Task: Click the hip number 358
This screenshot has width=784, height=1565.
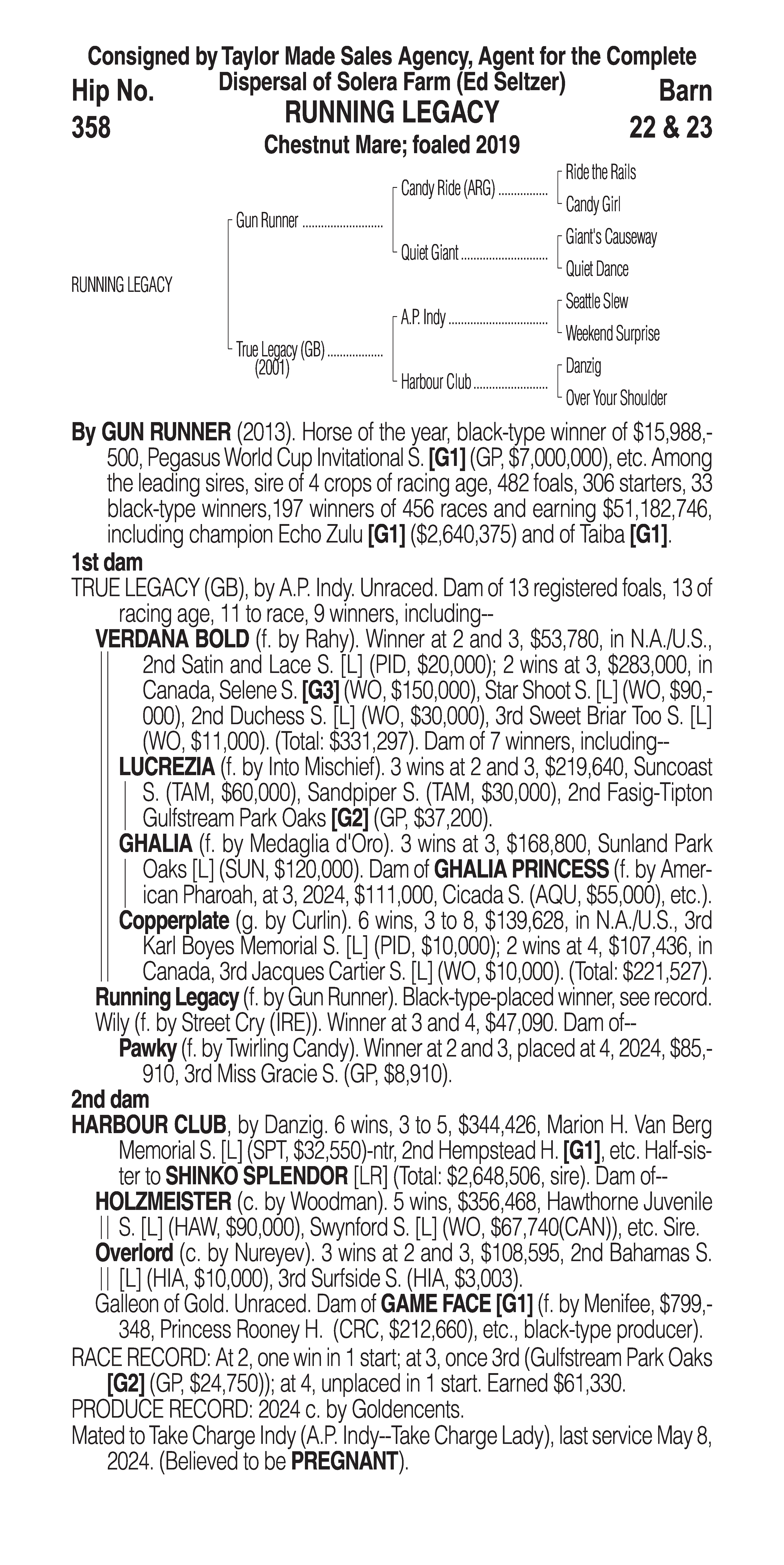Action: [x=91, y=128]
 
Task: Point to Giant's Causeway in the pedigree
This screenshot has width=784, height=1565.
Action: [x=611, y=237]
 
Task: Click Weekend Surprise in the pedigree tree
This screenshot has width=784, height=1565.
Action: [x=612, y=333]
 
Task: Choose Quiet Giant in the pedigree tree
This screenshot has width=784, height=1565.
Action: [x=429, y=253]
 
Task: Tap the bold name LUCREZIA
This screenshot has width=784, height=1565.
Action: [x=167, y=767]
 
